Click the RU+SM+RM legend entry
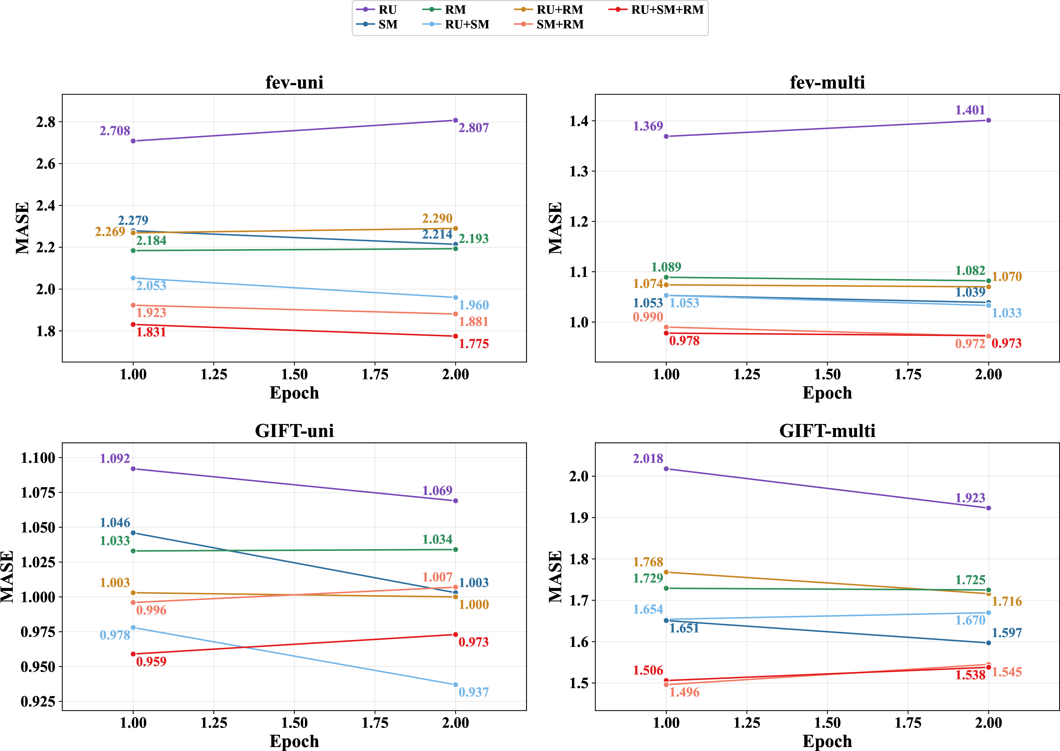point(656,10)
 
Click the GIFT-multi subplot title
point(827,431)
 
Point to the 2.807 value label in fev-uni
point(474,128)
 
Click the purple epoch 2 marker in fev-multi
point(989,120)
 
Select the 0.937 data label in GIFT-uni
point(474,692)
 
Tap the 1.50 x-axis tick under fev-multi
point(827,374)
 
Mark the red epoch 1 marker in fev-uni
point(133,325)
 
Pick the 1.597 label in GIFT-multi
point(1007,633)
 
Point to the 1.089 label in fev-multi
point(666,267)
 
